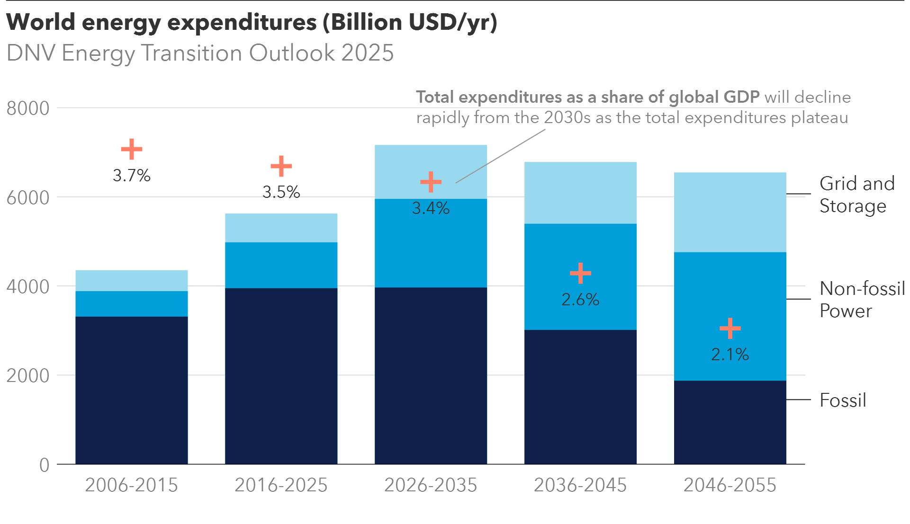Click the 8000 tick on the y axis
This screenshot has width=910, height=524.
pos(28,108)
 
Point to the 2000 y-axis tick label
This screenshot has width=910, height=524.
pos(28,376)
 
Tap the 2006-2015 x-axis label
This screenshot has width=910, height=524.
pos(131,485)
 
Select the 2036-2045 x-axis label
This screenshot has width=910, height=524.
pos(580,485)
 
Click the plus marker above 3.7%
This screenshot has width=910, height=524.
pos(132,149)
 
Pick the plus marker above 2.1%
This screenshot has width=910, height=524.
pos(730,328)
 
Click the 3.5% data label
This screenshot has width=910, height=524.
pos(281,192)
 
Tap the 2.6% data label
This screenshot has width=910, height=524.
pos(580,300)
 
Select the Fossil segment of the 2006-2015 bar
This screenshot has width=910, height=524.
pos(132,390)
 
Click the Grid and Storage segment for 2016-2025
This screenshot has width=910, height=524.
pos(281,228)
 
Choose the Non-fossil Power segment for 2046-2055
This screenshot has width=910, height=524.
pos(730,293)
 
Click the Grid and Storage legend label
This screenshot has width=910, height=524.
pos(856,195)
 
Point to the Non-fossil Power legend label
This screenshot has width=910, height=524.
pos(862,300)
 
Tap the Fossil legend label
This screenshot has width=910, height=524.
pos(843,400)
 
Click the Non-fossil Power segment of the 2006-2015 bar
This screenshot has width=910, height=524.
pos(132,303)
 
